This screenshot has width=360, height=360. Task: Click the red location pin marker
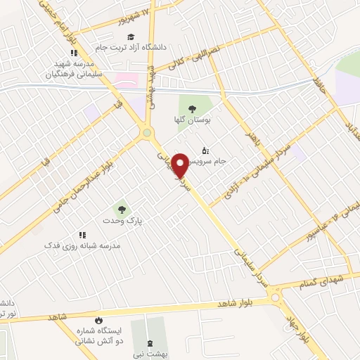point(181,165)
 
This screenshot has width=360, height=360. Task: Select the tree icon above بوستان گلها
point(192,107)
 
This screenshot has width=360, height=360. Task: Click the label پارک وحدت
point(124,221)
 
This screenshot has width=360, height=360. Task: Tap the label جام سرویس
point(210,161)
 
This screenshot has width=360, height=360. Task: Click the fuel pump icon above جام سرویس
point(205,150)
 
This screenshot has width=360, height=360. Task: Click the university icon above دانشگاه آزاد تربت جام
point(132,37)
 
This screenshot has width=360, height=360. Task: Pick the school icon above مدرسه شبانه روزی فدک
point(82,234)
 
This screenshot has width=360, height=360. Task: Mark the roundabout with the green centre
point(146,131)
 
